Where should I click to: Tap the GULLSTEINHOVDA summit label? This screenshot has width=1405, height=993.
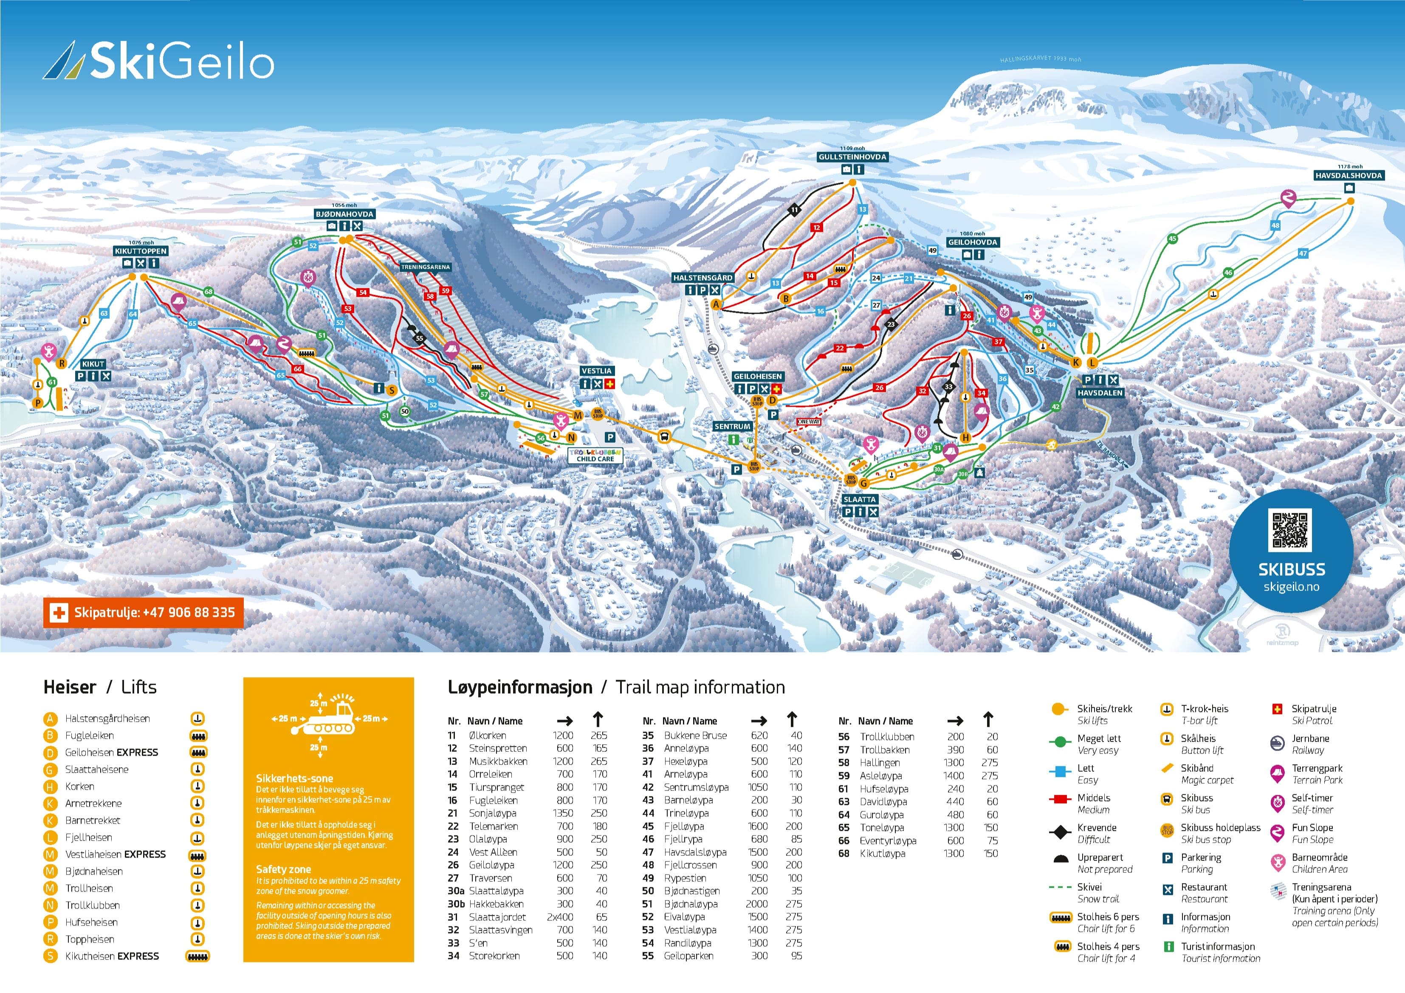(852, 157)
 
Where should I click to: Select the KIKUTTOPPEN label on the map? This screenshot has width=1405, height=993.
(140, 251)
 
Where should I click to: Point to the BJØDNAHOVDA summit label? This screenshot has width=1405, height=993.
(344, 214)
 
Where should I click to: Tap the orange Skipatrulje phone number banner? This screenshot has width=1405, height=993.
(143, 613)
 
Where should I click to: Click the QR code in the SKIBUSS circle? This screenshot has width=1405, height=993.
(1291, 530)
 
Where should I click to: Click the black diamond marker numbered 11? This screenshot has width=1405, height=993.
(794, 210)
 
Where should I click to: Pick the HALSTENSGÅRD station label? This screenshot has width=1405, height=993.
(702, 278)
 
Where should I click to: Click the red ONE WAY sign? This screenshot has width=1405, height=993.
(809, 422)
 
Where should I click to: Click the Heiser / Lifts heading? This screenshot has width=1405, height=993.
(100, 687)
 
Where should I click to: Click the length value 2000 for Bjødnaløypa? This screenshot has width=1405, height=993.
(756, 904)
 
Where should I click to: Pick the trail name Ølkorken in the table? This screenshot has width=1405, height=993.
(487, 735)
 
